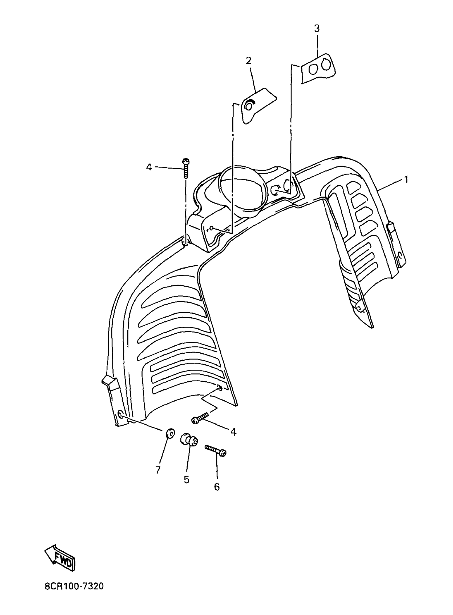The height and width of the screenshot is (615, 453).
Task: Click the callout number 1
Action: tap(406, 180)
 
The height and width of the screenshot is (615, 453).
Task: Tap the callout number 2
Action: tap(248, 61)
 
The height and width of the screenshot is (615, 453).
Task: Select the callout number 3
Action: tap(317, 29)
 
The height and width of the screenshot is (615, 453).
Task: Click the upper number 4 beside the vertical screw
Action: tap(149, 167)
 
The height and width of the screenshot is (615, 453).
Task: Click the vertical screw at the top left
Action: tap(186, 169)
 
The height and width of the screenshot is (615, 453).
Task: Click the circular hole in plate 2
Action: tap(249, 106)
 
